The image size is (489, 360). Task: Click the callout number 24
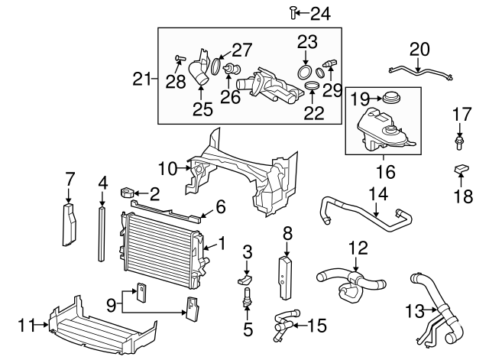click(320, 14)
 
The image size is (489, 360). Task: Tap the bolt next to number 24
click(293, 12)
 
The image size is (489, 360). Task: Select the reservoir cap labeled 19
click(391, 98)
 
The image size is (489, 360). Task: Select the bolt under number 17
click(459, 142)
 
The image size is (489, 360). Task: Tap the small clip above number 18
click(461, 169)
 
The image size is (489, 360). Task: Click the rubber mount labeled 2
click(127, 193)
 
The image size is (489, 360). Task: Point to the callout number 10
click(168, 169)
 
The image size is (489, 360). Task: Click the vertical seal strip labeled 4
click(102, 234)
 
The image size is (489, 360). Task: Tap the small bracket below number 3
click(245, 280)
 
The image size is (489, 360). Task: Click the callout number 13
click(415, 311)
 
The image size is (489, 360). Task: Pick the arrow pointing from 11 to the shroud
click(40, 325)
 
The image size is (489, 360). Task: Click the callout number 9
click(112, 306)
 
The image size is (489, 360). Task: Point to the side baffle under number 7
click(70, 224)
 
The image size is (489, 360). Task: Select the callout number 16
click(386, 172)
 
